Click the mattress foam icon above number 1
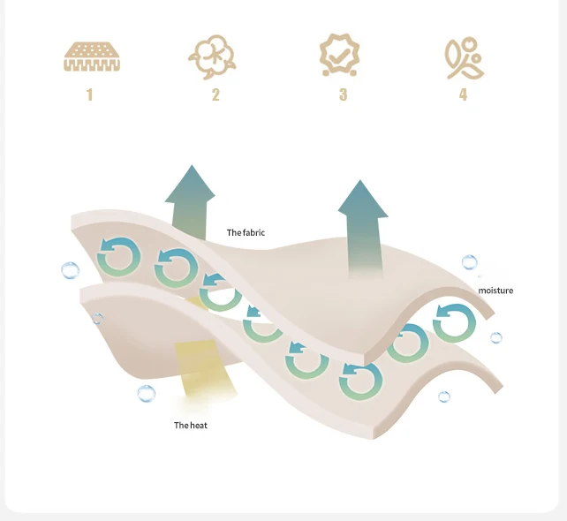(91, 56)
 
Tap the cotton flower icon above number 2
(213, 57)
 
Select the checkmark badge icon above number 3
(340, 55)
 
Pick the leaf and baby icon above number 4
(463, 57)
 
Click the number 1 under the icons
(89, 94)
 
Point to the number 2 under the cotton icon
(215, 94)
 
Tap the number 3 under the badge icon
(343, 94)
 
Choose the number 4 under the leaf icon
(463, 94)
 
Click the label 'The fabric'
(246, 233)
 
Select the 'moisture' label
(495, 291)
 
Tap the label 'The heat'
(191, 426)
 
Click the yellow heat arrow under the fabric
(202, 371)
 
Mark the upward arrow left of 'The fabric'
(189, 199)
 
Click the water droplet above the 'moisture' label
(469, 262)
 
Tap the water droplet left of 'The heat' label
(147, 394)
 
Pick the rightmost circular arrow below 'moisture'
(453, 322)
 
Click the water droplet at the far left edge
(70, 270)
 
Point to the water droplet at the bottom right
(444, 396)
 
